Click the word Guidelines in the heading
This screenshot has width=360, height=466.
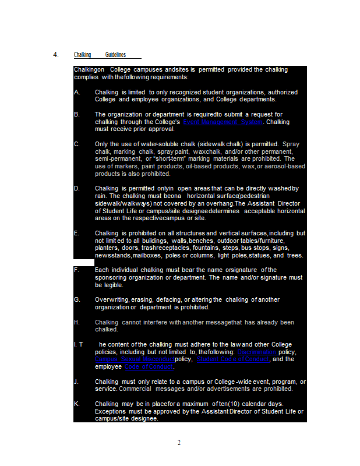click(115, 55)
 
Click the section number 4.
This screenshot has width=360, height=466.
click(56, 55)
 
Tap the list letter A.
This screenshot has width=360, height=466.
click(77, 92)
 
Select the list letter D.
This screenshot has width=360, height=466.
click(77, 188)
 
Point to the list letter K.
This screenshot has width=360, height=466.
click(77, 404)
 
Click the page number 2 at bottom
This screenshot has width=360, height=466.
click(179, 443)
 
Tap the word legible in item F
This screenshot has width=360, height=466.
click(105, 285)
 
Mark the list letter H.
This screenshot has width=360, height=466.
click(77, 322)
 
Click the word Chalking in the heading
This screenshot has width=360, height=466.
click(82, 55)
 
